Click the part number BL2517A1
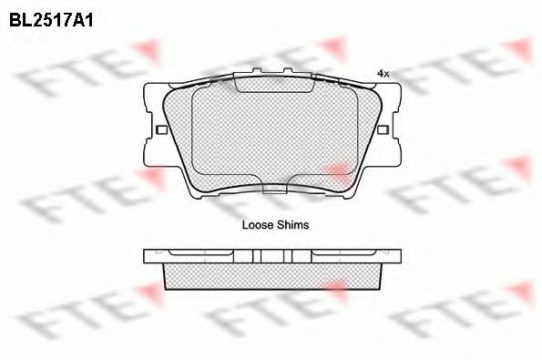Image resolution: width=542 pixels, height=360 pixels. tap(51, 20)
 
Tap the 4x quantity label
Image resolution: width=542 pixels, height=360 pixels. tap(383, 74)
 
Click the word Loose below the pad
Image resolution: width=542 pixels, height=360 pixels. tap(257, 225)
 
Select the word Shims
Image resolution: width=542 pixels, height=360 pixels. tap(291, 225)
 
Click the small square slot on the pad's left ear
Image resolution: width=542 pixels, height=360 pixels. tap(161, 130)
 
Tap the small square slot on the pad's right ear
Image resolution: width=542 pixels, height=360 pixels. tap(383, 130)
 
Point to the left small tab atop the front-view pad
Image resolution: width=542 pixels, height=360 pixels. tap(257, 70)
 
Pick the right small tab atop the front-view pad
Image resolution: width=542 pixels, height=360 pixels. tap(288, 70)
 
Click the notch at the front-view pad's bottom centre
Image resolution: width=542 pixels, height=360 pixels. tap(275, 189)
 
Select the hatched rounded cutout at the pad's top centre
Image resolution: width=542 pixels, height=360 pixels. tap(274, 83)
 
